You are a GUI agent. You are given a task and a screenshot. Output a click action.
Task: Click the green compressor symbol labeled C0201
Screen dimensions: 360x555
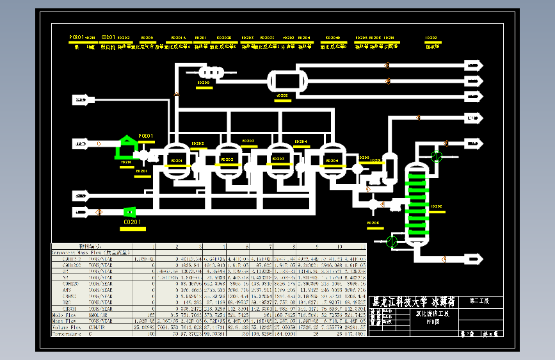click(x=129, y=211)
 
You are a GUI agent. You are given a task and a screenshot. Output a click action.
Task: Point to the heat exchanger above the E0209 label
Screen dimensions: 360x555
click(x=209, y=72)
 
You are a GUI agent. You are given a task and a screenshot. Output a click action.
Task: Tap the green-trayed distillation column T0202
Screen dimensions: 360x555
click(x=417, y=202)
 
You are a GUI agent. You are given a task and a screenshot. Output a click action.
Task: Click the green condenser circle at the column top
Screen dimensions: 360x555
click(x=437, y=156)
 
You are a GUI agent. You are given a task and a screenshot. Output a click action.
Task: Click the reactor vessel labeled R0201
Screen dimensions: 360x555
click(x=175, y=161)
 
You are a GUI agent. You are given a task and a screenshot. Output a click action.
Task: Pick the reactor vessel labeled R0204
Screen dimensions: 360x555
click(x=332, y=161)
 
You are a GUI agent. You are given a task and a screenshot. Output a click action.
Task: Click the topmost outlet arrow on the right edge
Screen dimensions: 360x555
click(x=474, y=65)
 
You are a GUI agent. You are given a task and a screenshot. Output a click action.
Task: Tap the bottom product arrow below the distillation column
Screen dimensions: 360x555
click(x=474, y=259)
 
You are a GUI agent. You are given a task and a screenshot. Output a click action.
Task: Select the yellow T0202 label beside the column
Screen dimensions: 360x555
click(x=437, y=206)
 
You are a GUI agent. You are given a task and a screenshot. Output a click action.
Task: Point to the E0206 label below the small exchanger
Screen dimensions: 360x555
click(x=373, y=223)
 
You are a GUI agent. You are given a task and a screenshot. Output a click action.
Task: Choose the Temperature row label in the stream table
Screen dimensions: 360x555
click(x=68, y=334)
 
